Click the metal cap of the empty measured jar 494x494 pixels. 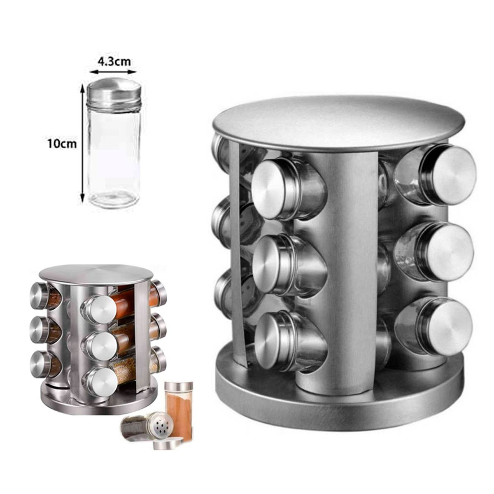coord(114,94)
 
